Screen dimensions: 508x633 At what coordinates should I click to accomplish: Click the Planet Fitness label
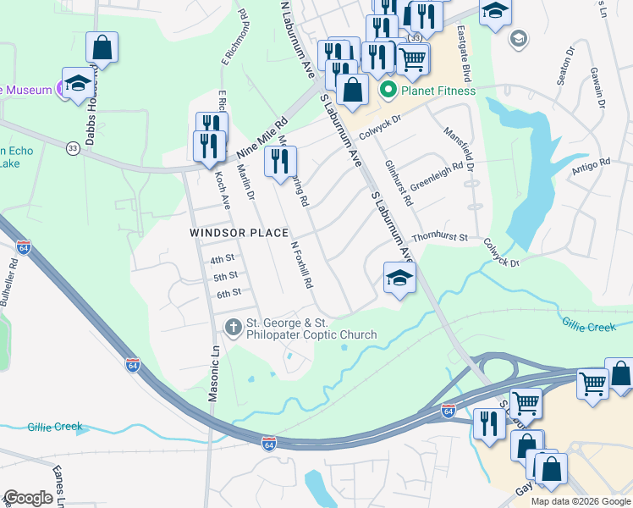438,91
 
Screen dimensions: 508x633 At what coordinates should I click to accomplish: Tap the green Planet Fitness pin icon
389,91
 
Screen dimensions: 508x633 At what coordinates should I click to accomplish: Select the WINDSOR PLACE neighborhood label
239,233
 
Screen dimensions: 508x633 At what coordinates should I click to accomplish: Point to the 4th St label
222,259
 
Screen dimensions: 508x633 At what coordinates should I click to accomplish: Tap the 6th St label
228,293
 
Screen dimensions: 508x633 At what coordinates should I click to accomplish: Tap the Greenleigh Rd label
437,177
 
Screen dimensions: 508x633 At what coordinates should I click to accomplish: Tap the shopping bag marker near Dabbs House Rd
102,47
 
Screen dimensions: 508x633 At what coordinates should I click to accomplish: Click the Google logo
29,498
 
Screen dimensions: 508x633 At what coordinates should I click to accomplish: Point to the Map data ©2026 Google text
581,501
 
